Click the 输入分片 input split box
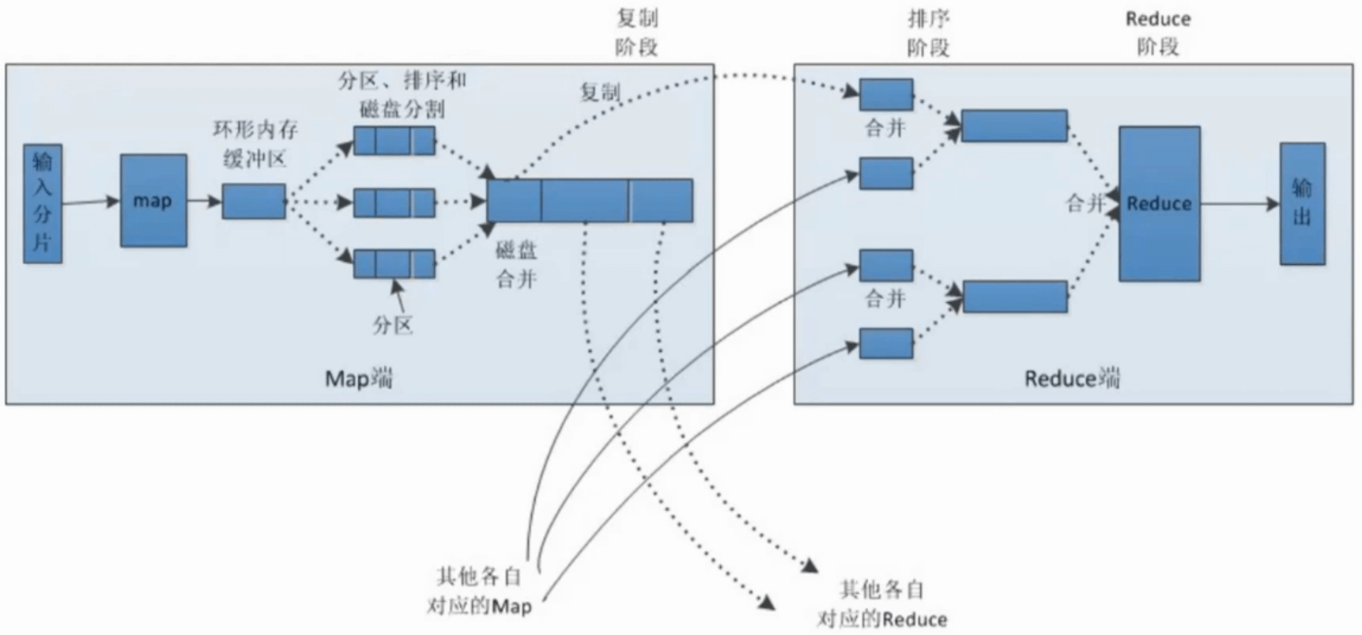(43, 203)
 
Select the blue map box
(153, 201)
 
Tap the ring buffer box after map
(254, 202)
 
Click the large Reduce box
(1159, 203)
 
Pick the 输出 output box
(1302, 203)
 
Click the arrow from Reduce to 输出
(1239, 204)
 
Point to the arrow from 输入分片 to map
(90, 202)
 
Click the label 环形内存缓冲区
(255, 144)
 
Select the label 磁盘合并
(516, 264)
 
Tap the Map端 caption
(359, 379)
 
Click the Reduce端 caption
(1072, 379)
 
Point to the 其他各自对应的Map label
(479, 591)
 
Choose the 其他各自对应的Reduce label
(881, 604)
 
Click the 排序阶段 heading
(928, 33)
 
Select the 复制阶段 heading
(636, 32)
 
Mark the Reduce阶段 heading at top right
(1158, 33)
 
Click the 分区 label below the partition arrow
(393, 324)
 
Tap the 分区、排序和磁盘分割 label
(402, 94)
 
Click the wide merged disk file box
(590, 201)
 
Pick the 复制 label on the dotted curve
(600, 93)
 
